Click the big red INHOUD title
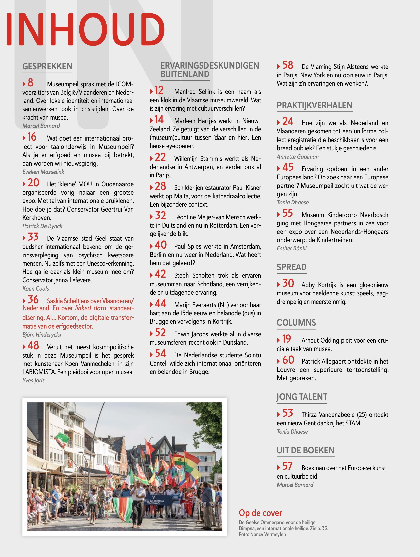[x=85, y=29]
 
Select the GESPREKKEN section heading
[x=47, y=66]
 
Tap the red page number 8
[x=30, y=83]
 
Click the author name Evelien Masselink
[x=43, y=172]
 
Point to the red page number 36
[x=33, y=300]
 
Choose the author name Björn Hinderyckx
[x=42, y=335]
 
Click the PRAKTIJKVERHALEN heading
[x=314, y=105]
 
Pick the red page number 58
[x=288, y=65]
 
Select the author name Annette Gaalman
[x=298, y=157]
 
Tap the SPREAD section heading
[x=292, y=267]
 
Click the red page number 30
[x=288, y=284]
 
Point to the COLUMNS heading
[x=296, y=323]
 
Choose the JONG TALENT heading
[x=302, y=397]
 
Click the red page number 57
[x=287, y=467]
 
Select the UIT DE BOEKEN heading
[x=305, y=450]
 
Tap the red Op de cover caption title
[x=260, y=513]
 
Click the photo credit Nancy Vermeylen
[x=268, y=534]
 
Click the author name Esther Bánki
[x=292, y=248]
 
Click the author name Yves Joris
[x=33, y=380]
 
